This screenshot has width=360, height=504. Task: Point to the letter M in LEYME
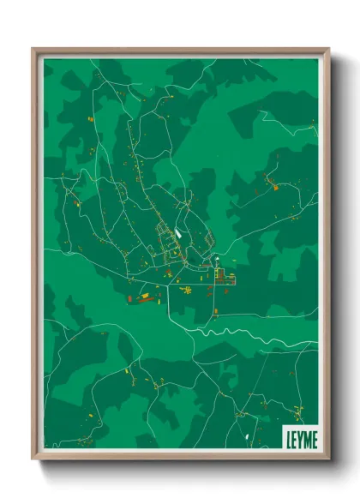[306, 437]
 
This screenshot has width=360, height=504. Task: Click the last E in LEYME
[314, 437]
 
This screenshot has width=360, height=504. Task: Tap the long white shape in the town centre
[177, 231]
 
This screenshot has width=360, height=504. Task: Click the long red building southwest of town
[146, 298]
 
